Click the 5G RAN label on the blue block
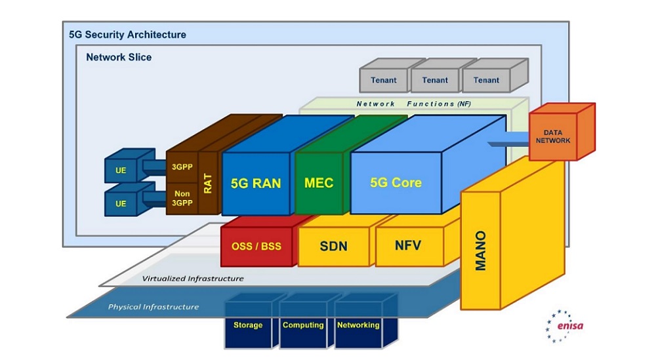[256, 183]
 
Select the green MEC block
[319, 183]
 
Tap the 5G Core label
[396, 183]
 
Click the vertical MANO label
[480, 250]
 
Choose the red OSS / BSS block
[256, 247]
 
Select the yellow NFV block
[408, 247]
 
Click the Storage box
[248, 325]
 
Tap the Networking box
[358, 325]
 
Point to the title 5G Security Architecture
[127, 35]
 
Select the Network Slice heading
[119, 57]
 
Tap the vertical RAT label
[208, 183]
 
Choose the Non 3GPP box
[182, 198]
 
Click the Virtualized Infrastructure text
[193, 278]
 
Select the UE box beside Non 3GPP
[121, 203]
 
